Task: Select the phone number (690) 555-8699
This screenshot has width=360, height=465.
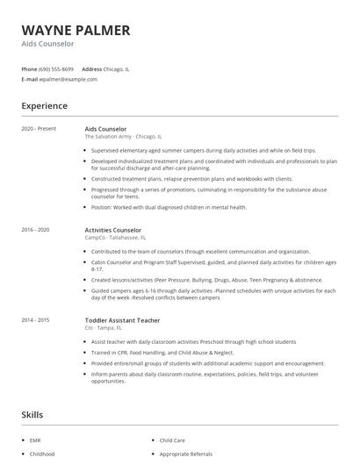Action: pyautogui.click(x=56, y=68)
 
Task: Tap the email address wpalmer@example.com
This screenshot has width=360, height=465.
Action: pyautogui.click(x=68, y=79)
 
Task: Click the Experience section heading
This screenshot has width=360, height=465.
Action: pyautogui.click(x=44, y=106)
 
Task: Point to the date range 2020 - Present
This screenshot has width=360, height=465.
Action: pyautogui.click(x=39, y=129)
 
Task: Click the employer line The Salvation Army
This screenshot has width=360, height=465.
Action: pyautogui.click(x=123, y=137)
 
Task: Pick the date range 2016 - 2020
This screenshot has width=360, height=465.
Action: pyautogui.click(x=36, y=230)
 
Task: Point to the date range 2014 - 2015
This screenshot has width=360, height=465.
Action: pyautogui.click(x=36, y=320)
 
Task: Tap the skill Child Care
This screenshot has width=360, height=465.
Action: pyautogui.click(x=172, y=440)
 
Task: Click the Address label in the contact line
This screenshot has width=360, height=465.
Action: pyautogui.click(x=91, y=68)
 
